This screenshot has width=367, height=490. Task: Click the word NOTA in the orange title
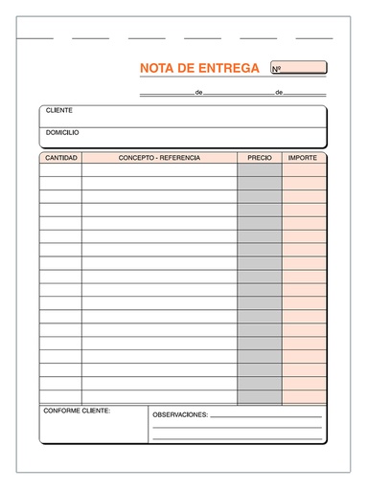pos(157,68)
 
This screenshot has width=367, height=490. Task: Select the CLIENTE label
pos(58,111)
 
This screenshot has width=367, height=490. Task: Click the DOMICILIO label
pos(62,132)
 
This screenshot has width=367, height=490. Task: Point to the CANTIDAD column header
pos(61,157)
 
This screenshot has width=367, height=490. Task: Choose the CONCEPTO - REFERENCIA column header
pos(159,157)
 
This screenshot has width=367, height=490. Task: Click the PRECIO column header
pos(259,157)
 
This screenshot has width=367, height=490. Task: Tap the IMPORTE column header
pos(304,157)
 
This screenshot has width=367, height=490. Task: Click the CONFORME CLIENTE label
pos(77,411)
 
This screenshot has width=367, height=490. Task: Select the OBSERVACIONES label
pos(180,415)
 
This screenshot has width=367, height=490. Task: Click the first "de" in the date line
pos(198,93)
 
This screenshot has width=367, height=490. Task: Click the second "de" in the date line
pos(279,93)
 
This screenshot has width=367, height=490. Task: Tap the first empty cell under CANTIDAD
pos(61,170)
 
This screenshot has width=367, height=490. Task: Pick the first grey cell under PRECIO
pos(260,170)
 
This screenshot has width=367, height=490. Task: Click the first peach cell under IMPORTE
pos(304,170)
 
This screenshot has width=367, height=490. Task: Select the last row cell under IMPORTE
pos(304,397)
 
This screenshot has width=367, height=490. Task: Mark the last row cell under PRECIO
pos(260,397)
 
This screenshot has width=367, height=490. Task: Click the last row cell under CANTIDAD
pos(61,397)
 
